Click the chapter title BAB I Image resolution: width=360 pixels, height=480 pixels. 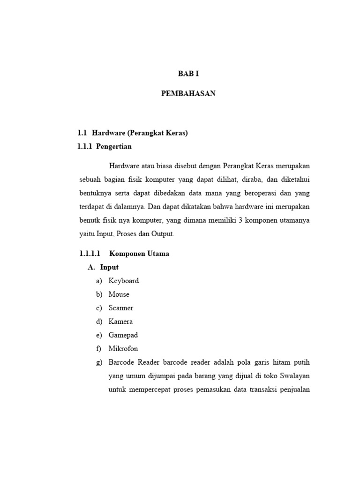click(188, 74)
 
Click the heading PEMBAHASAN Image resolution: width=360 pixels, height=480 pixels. click(188, 93)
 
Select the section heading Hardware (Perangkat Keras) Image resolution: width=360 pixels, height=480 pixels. click(140, 133)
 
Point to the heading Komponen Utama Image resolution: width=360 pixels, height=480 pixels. click(139, 254)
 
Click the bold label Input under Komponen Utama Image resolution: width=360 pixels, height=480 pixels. click(109, 267)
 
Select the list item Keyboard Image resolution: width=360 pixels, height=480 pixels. click(124, 281)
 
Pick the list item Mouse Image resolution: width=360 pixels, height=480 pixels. click(119, 294)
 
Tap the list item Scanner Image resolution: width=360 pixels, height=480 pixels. click(121, 308)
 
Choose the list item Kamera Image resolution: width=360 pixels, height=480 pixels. click(120, 322)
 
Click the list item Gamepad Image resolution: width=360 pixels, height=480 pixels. click(123, 335)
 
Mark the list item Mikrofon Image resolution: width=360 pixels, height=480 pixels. click(123, 349)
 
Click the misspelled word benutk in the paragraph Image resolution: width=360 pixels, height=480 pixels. click(89, 220)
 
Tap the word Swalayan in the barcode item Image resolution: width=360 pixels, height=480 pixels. click(294, 376)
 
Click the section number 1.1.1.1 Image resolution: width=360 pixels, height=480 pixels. click(90, 254)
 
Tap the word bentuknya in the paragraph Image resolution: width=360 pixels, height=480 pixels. click(95, 193)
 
